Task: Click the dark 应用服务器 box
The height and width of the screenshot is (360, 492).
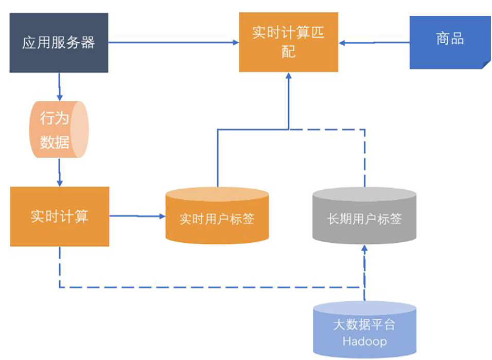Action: [59, 43]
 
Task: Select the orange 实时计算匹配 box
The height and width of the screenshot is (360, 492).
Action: [288, 42]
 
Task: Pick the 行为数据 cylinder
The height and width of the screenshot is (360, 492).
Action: [58, 130]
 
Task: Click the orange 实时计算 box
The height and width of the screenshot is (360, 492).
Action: [59, 216]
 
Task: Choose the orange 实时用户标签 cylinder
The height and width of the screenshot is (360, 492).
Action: [217, 217]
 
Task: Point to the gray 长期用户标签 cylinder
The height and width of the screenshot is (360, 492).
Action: [364, 217]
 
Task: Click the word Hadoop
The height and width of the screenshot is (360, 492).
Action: [364, 341]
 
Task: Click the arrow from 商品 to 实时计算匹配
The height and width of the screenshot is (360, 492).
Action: [374, 43]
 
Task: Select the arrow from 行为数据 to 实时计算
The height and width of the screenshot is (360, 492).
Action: [60, 172]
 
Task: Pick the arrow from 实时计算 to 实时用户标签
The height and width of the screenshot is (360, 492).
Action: [137, 217]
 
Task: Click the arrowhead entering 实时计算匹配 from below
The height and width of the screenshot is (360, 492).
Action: [288, 77]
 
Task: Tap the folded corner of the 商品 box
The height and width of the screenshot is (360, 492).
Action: [486, 64]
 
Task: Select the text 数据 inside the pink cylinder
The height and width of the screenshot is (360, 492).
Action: [55, 141]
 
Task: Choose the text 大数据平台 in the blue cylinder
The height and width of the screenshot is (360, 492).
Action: [364, 325]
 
